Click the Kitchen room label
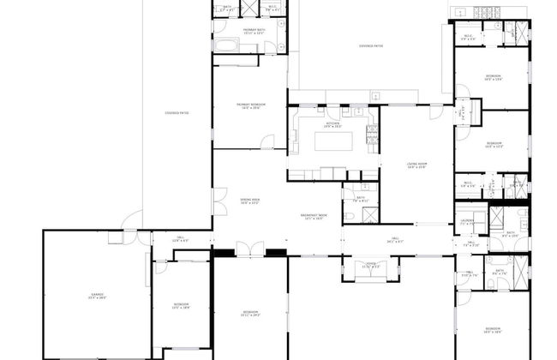coord(332,124)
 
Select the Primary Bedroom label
coord(249,106)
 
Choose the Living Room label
coord(416,166)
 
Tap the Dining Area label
coord(249,202)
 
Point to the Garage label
coord(97,297)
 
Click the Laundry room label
coord(467,222)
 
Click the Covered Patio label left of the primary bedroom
coord(177,112)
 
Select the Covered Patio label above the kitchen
coord(371,46)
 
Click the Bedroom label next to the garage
coord(181,305)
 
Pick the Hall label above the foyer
coord(396,242)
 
